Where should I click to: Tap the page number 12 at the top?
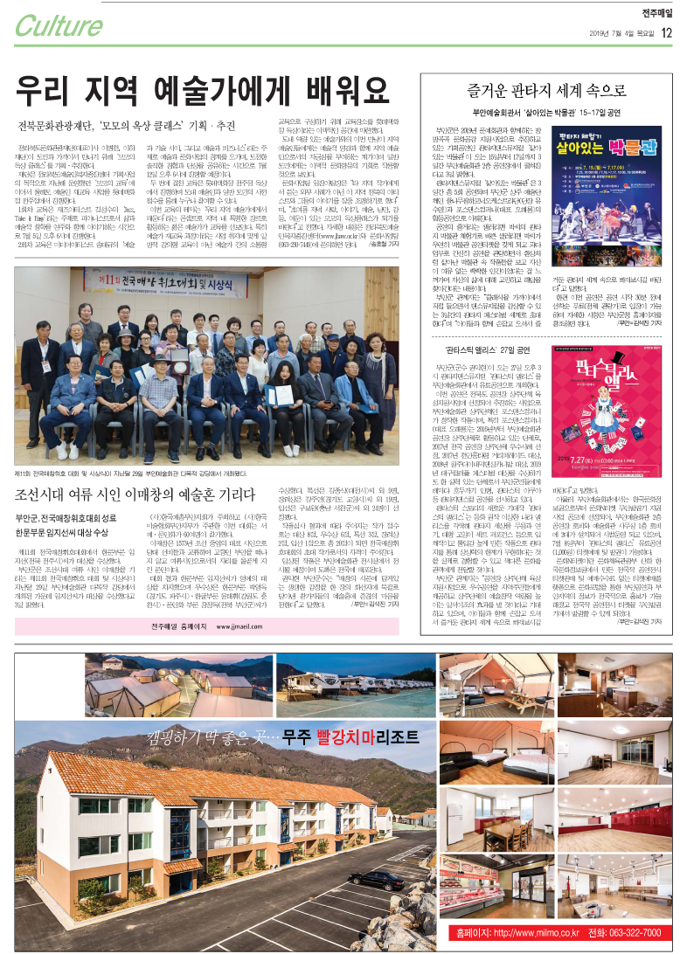click(667, 32)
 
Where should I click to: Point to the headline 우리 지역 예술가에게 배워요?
click(202, 88)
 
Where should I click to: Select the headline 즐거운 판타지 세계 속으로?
click(546, 89)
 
